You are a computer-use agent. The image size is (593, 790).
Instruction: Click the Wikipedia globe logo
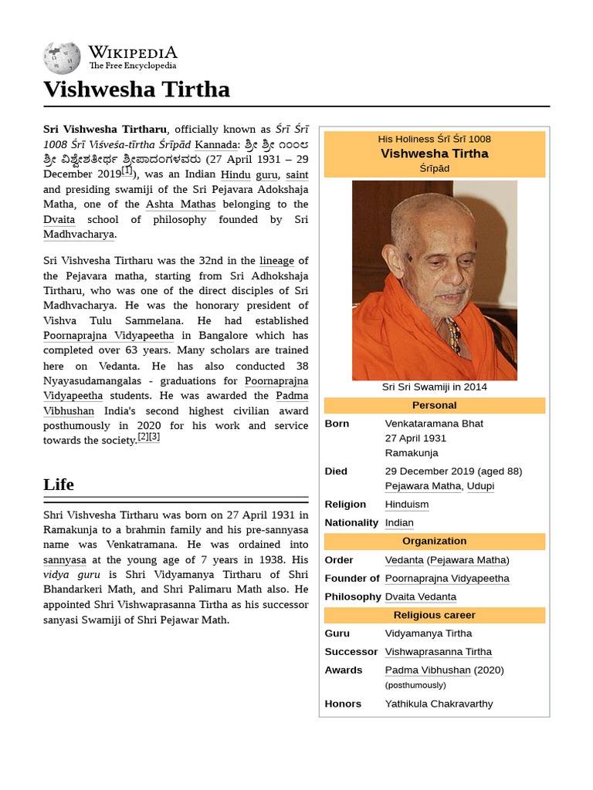coord(62,58)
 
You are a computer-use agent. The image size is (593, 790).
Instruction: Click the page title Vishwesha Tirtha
coord(137,89)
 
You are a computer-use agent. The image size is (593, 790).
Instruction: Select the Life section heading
coord(59,484)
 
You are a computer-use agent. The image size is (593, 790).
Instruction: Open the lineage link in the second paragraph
coord(276,262)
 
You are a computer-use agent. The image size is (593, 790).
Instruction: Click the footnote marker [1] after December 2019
coord(127,172)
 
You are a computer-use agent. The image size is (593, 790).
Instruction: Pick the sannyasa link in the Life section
coord(64,560)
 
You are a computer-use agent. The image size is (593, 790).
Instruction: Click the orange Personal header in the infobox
coord(434,405)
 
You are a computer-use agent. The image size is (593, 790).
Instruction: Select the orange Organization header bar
coord(434,541)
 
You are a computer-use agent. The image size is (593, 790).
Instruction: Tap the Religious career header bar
coord(434,615)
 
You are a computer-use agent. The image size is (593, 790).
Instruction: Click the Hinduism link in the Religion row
coord(407,505)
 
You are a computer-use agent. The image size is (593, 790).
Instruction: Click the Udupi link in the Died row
coord(480,486)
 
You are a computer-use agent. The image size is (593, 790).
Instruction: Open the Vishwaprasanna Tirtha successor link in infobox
coord(438,652)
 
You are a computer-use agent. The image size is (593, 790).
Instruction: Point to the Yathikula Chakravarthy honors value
coord(439,704)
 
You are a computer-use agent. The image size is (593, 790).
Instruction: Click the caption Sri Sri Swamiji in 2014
coord(434,387)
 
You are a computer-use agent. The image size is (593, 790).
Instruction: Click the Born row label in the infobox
coord(337,424)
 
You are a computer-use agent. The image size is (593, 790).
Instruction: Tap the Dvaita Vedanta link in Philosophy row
coord(420,596)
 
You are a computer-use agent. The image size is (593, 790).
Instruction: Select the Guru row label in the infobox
coord(337,633)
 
